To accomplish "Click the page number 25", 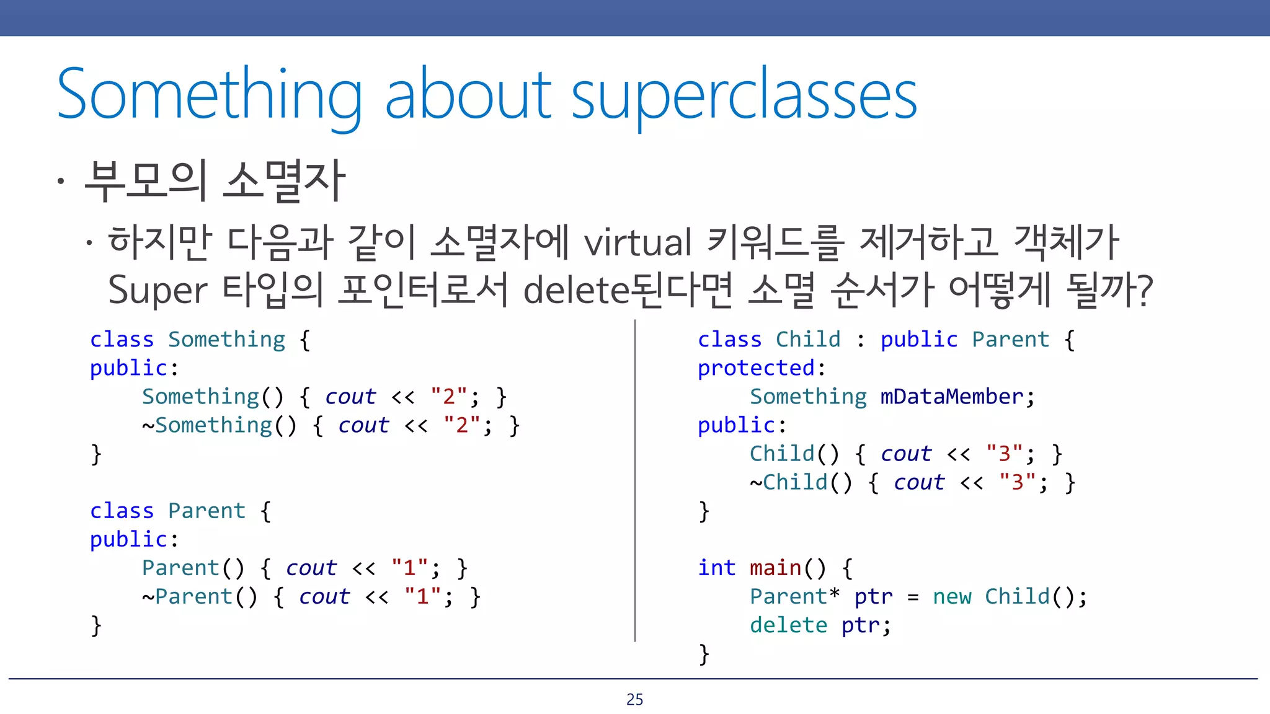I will click(x=634, y=699).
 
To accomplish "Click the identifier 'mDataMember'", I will click(x=951, y=397).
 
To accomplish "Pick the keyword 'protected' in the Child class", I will click(x=755, y=368).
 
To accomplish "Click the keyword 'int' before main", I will click(x=716, y=568).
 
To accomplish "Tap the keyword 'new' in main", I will click(x=952, y=596).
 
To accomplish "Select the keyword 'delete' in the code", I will click(x=788, y=625).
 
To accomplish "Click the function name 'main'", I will click(x=775, y=568).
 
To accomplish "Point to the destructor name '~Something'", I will click(x=207, y=425).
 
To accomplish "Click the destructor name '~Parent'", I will click(x=187, y=596).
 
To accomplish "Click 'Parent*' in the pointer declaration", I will click(x=794, y=596).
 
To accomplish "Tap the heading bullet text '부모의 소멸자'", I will click(x=214, y=180).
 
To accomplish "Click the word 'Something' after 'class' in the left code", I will click(x=226, y=340).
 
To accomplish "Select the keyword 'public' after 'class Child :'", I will click(x=919, y=340).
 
